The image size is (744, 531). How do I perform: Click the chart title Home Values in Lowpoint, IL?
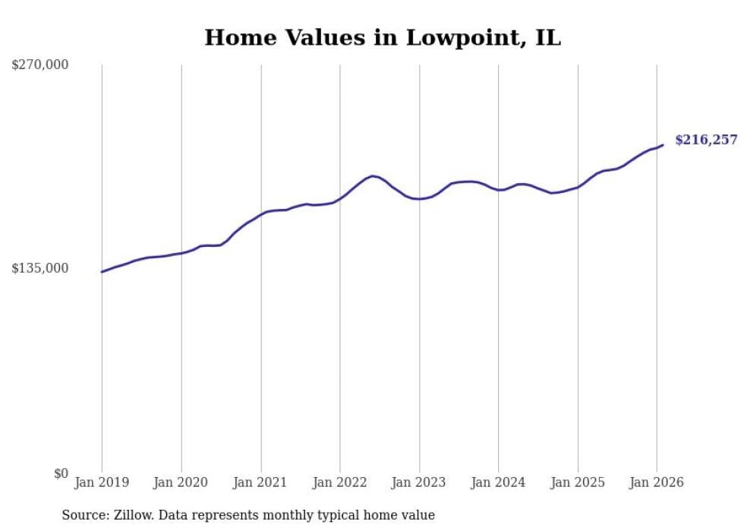point(383,37)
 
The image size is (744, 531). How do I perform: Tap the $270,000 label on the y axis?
point(40,65)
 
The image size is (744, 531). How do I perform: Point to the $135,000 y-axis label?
point(40,268)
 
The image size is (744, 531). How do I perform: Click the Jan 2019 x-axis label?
point(102,482)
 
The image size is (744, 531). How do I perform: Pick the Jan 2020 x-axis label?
point(181,482)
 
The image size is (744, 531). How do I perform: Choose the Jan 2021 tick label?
point(260,482)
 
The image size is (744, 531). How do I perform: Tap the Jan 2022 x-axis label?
point(340,482)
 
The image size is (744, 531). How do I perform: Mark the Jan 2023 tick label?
point(419,482)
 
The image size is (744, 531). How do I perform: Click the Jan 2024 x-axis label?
point(498,482)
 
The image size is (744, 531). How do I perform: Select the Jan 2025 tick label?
point(578,482)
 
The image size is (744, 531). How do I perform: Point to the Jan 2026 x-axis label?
point(657,482)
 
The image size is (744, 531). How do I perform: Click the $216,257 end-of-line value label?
point(706,140)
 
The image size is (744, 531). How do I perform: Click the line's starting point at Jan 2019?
point(102,272)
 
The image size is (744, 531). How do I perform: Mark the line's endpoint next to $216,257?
point(663,145)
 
